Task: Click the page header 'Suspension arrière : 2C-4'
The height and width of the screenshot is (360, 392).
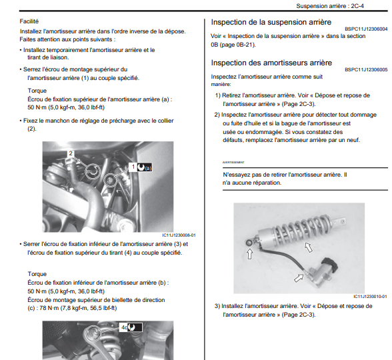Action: (330, 6)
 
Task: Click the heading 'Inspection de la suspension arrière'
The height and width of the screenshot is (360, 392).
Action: (271, 22)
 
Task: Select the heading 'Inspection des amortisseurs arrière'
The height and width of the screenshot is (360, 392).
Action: (271, 63)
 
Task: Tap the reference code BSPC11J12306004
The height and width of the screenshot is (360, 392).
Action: (366, 29)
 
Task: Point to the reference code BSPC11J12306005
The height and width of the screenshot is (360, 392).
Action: (366, 69)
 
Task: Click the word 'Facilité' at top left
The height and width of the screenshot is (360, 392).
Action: (29, 21)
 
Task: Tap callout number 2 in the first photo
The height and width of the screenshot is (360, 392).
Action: (71, 153)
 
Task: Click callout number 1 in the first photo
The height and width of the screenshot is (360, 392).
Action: (133, 167)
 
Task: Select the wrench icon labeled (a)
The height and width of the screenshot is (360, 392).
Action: (145, 167)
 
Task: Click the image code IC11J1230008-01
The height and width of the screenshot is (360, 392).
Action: (179, 235)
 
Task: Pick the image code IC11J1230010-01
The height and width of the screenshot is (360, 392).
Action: (370, 297)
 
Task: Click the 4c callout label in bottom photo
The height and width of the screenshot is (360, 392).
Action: (124, 327)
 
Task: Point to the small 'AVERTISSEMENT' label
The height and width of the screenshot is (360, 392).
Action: (233, 163)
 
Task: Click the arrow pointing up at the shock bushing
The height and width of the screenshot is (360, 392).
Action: (249, 254)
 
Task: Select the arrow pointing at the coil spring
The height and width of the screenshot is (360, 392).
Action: (309, 247)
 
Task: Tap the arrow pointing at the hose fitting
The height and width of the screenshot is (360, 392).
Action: (299, 278)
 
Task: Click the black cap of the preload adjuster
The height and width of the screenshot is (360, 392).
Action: (329, 263)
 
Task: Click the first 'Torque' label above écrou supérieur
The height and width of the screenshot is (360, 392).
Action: (37, 91)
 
